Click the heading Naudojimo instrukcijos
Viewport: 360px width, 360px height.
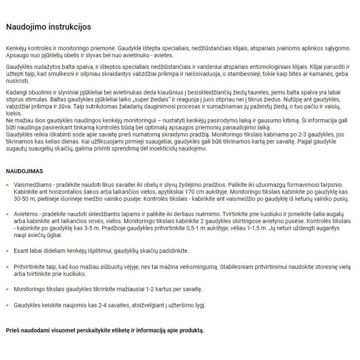tap(49, 27)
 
